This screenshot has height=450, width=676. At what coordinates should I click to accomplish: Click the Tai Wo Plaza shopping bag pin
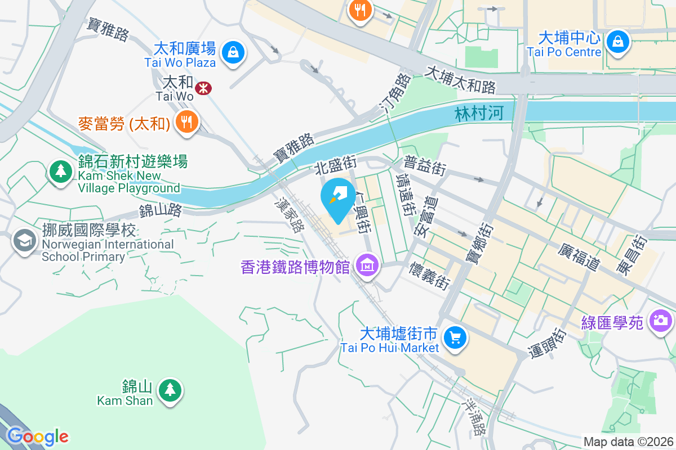tap(232, 53)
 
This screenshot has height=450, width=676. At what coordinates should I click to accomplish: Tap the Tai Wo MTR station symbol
tap(202, 87)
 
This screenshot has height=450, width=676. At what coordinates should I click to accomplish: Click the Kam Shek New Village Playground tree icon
tap(61, 170)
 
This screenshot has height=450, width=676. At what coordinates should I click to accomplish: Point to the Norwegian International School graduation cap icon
tap(24, 242)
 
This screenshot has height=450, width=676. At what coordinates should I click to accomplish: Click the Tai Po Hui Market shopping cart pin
tap(455, 337)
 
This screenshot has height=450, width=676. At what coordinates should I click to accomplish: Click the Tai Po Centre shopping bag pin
tap(618, 42)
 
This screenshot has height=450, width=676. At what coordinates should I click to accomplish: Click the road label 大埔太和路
tap(460, 79)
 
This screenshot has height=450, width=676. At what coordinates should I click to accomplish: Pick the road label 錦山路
tap(161, 211)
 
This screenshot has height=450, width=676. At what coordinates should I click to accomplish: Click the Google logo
tap(37, 436)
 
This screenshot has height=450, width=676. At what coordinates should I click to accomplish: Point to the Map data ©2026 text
tap(628, 442)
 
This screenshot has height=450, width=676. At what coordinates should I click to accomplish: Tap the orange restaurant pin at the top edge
tap(359, 10)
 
